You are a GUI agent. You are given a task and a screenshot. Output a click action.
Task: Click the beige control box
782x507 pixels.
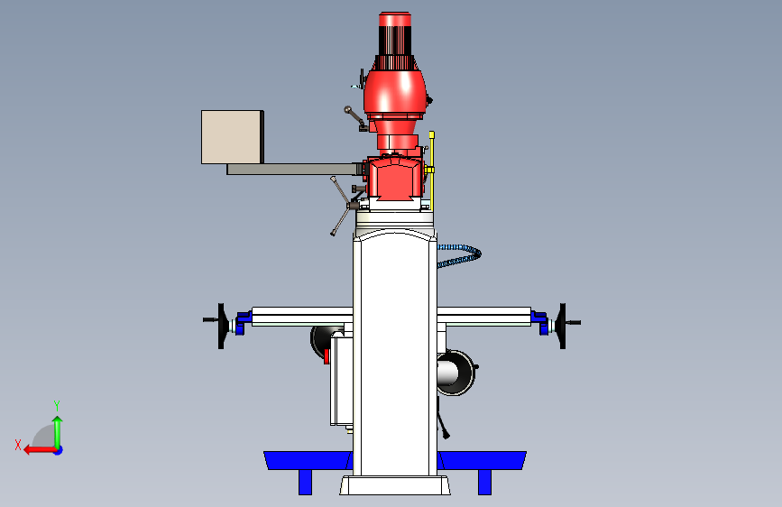(x=233, y=137)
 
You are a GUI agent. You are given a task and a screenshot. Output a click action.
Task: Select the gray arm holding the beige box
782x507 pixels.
(x=294, y=170)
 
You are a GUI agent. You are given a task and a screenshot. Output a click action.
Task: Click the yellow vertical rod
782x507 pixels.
(x=432, y=171)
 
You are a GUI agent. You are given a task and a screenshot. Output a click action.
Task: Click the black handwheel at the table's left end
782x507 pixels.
(x=220, y=326)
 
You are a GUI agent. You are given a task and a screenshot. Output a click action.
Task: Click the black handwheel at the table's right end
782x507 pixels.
(x=564, y=326)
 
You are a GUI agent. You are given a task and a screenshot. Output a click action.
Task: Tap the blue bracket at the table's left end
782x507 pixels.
(x=243, y=322)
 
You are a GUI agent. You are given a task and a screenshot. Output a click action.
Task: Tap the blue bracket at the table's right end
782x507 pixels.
(x=539, y=322)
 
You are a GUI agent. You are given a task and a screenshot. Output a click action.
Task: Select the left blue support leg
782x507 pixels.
(x=305, y=482)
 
